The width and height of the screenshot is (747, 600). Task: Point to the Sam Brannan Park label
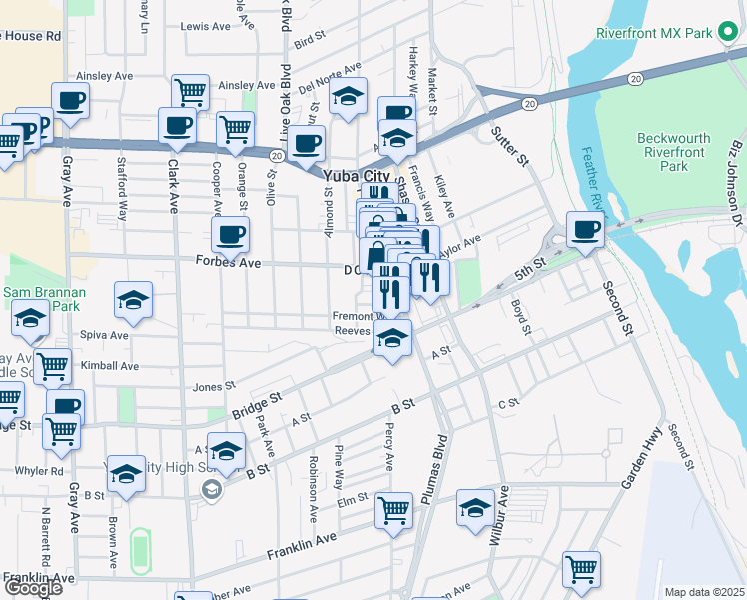(x=44, y=293)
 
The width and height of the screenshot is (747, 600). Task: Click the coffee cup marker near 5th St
(x=584, y=229)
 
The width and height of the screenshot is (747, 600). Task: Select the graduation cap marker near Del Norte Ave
(x=348, y=96)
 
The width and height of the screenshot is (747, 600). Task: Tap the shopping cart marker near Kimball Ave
(x=52, y=366)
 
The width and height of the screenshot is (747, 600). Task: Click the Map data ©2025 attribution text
(x=705, y=592)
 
